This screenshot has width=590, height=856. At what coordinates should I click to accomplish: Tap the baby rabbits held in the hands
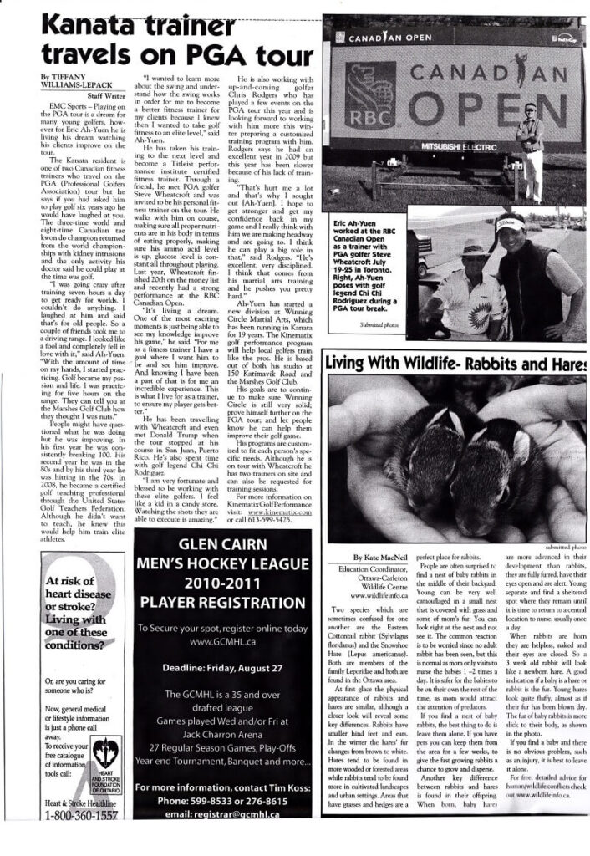448,439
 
